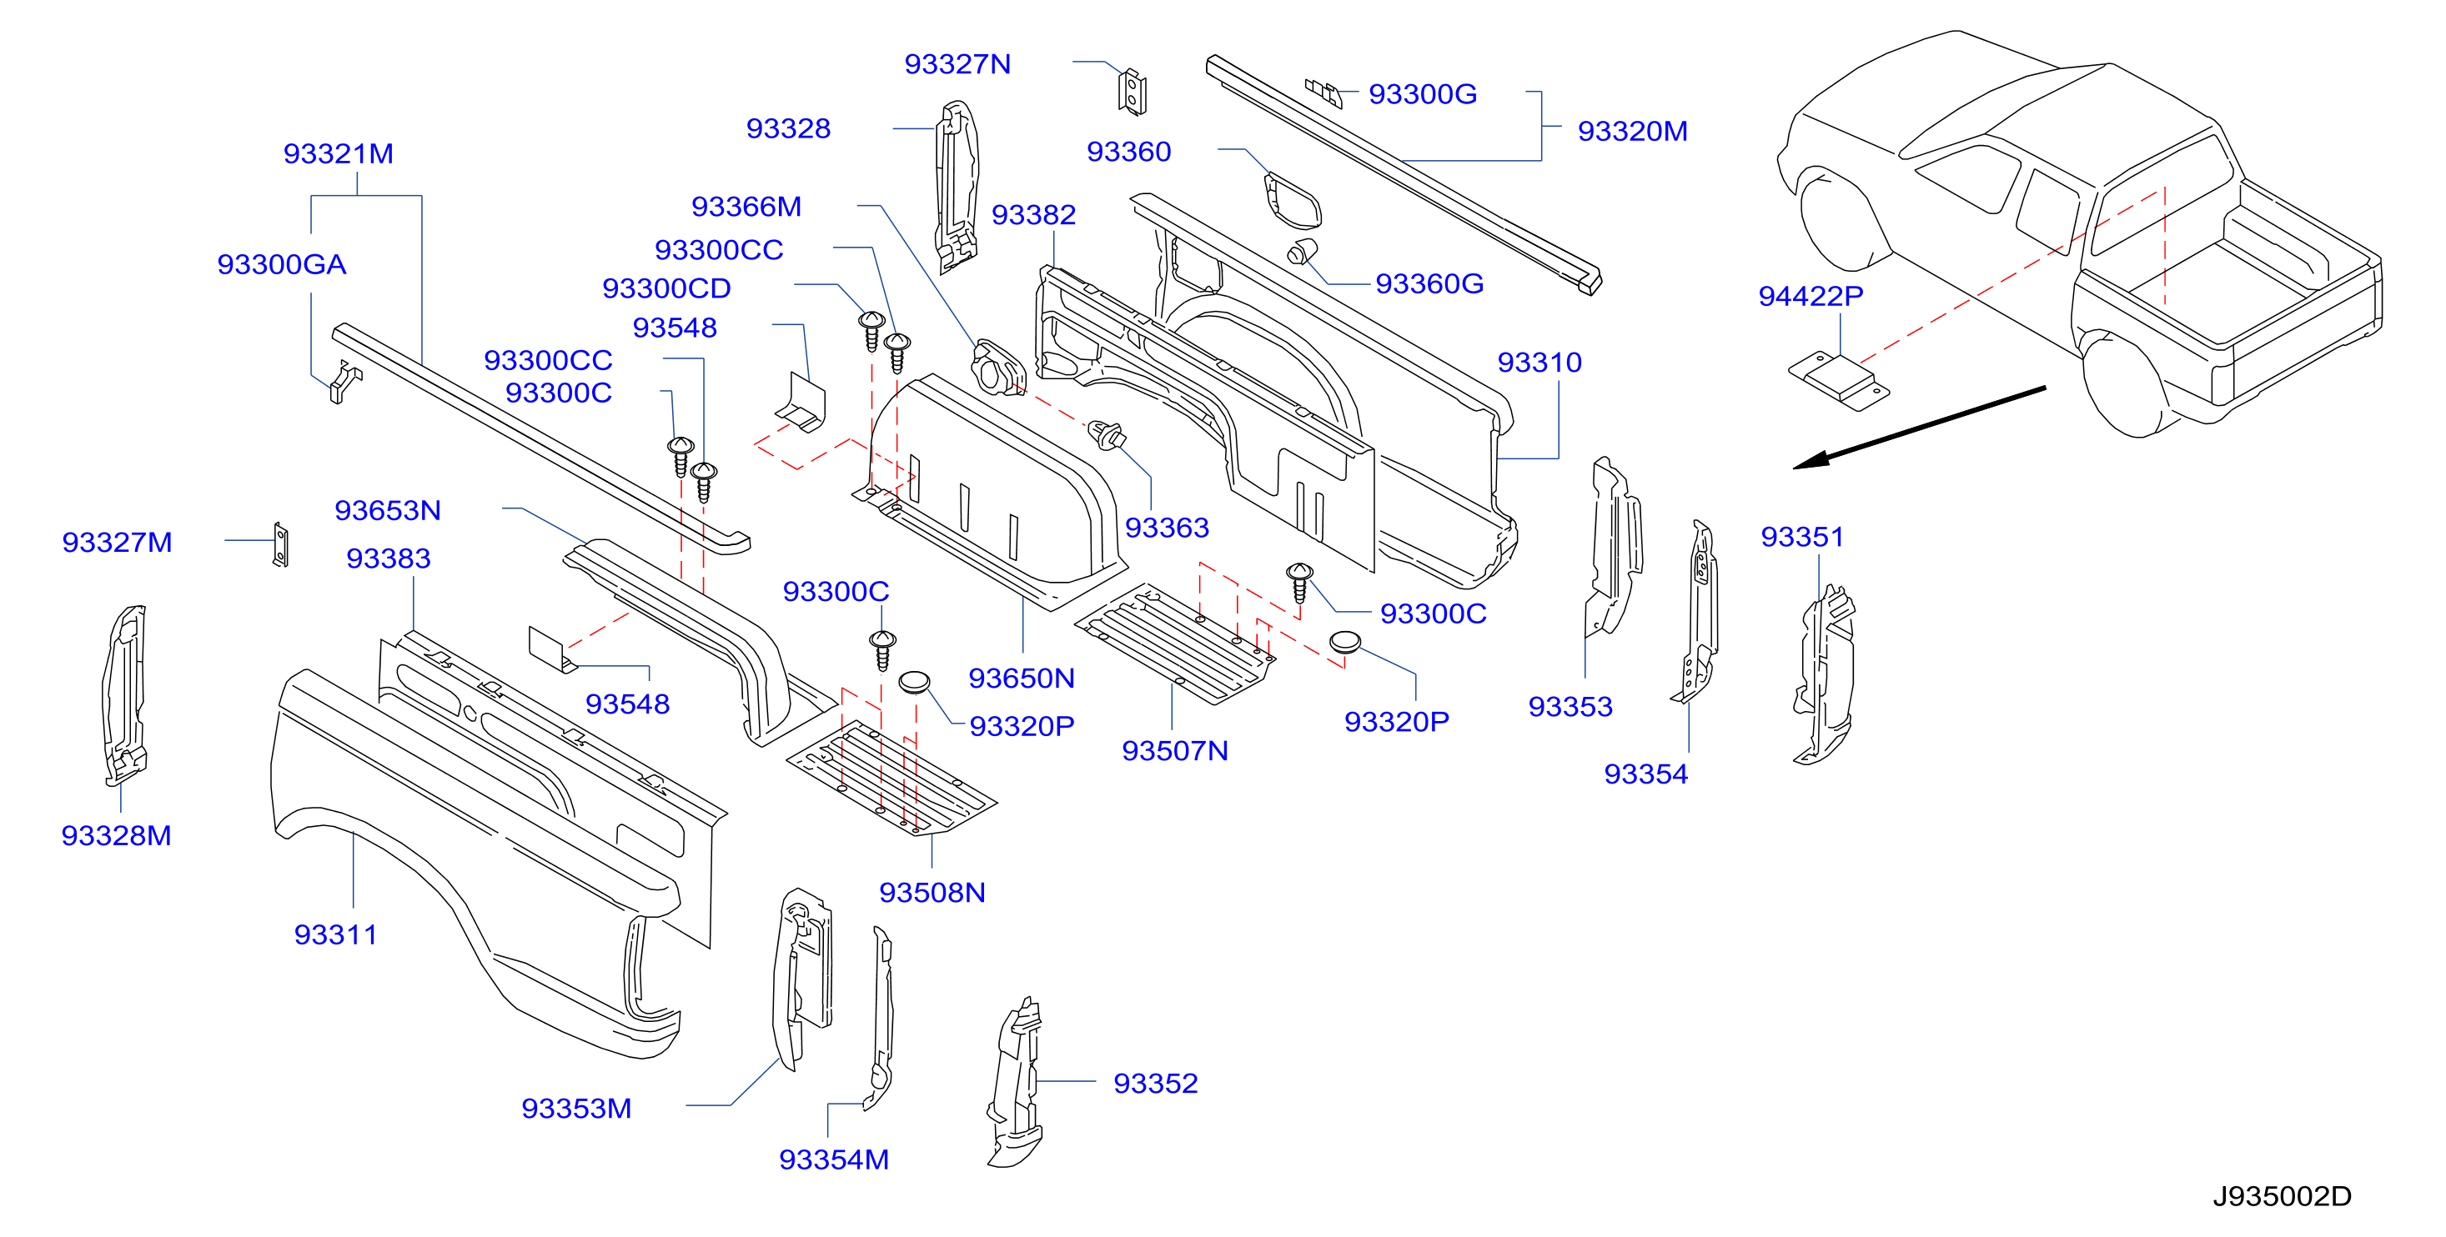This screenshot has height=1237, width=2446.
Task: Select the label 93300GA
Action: pos(281,264)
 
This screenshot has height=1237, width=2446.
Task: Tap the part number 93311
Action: pos(335,934)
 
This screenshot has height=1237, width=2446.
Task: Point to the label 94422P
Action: pos(1810,296)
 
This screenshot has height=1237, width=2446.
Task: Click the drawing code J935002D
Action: pos(2282,1196)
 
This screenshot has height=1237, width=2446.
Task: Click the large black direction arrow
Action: pos(1919,428)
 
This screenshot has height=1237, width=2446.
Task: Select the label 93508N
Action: pos(932,893)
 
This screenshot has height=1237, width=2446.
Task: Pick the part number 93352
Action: pos(1155,1083)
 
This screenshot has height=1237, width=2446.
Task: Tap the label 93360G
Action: pos(1429,283)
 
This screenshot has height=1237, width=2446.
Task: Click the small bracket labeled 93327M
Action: pos(280,545)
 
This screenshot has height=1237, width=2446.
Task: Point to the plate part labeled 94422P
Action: pos(1838,382)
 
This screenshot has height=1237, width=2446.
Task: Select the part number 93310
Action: pos(1539,362)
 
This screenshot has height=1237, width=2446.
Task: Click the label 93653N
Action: pos(388,510)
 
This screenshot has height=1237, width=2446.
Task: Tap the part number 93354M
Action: pos(834,1159)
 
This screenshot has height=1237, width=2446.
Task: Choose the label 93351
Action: pos(1801,536)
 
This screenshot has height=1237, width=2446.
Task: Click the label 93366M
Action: pos(746,206)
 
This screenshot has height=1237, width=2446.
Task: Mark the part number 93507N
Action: pos(1174,751)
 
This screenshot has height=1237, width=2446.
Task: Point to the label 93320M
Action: pos(1632,131)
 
